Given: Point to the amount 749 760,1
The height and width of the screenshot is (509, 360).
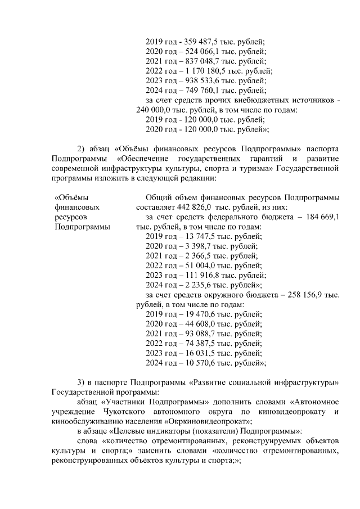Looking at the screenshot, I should point(198,90).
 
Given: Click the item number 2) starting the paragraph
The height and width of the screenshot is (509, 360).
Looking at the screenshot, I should point(82,149).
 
